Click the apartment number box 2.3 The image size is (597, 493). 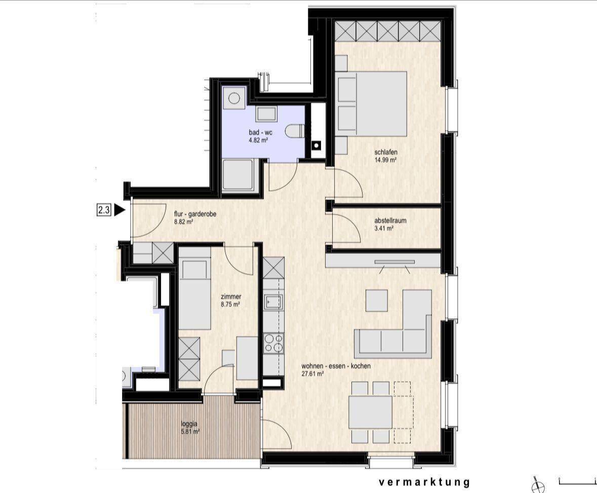pos(104,210)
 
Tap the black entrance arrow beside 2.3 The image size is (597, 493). pos(120,210)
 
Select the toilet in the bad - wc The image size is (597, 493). pos(295,132)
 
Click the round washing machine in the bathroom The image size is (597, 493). pos(234,98)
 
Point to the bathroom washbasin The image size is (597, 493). pos(266,114)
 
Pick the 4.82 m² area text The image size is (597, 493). pos(259,140)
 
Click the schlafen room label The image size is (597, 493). pos(386,153)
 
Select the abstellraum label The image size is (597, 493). pos(390,220)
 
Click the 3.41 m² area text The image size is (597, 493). pos(384,229)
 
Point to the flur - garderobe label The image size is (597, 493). pos(195,214)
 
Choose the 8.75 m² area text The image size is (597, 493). pos(230,305)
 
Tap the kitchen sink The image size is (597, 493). pos(274,302)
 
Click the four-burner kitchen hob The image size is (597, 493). pos(274,343)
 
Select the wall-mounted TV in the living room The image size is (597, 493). pos(394,262)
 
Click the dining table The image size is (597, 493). pos(371,412)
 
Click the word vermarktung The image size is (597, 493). pos(424,482)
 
